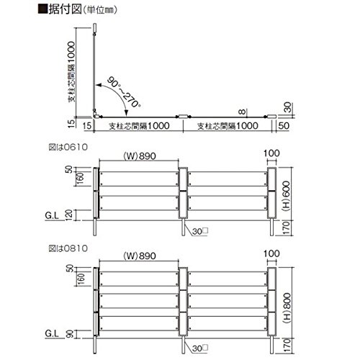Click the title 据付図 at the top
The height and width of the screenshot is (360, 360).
tap(65, 9)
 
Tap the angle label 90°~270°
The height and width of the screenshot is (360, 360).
tap(124, 92)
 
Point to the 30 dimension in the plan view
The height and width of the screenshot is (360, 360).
tap(288, 107)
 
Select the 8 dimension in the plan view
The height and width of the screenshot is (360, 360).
tap(243, 112)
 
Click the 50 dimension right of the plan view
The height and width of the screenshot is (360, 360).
tap(284, 126)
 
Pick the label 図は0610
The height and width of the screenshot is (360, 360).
tap(68, 147)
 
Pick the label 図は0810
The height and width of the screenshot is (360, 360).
tap(68, 248)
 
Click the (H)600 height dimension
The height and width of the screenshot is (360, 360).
tap(287, 196)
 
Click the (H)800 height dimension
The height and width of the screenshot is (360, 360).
tap(287, 308)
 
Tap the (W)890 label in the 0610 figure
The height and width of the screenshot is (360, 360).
tap(140, 156)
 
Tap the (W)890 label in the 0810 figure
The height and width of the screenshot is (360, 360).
tap(140, 256)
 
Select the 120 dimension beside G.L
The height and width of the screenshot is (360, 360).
tap(69, 215)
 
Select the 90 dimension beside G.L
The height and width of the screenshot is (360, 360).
tap(70, 334)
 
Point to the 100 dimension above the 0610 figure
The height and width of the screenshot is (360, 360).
tap(271, 153)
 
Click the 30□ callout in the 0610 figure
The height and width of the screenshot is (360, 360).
tap(200, 231)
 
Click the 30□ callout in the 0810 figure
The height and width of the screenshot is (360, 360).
tap(200, 348)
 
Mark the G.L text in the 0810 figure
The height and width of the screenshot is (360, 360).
tap(52, 333)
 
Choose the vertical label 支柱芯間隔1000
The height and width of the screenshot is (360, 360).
tap(71, 71)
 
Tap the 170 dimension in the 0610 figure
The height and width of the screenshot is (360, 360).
tap(287, 228)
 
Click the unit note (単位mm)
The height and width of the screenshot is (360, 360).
tap(100, 10)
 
